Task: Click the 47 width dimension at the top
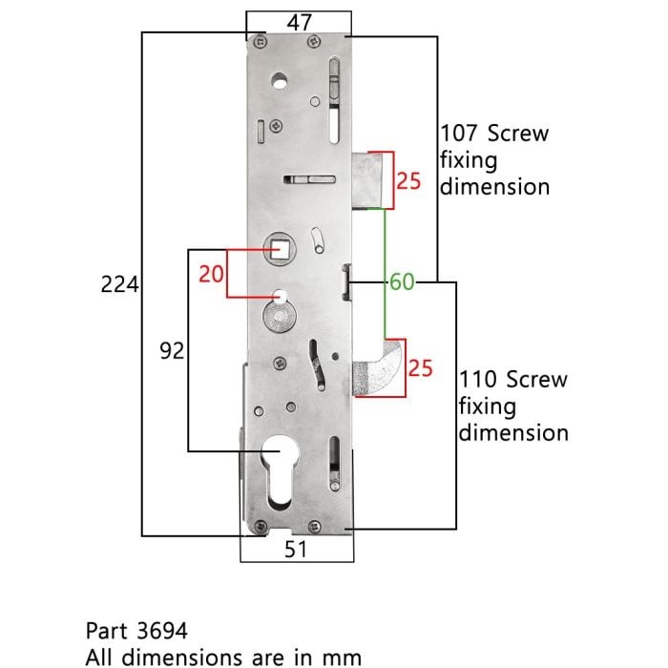point(300,22)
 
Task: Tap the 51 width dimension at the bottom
point(296,549)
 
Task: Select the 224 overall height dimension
point(119,284)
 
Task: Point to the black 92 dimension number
point(172,350)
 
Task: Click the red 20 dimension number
point(211,274)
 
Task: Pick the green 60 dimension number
point(402,282)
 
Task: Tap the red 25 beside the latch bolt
point(408,180)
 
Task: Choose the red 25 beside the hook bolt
point(421,368)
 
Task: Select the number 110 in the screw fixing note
point(478,379)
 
